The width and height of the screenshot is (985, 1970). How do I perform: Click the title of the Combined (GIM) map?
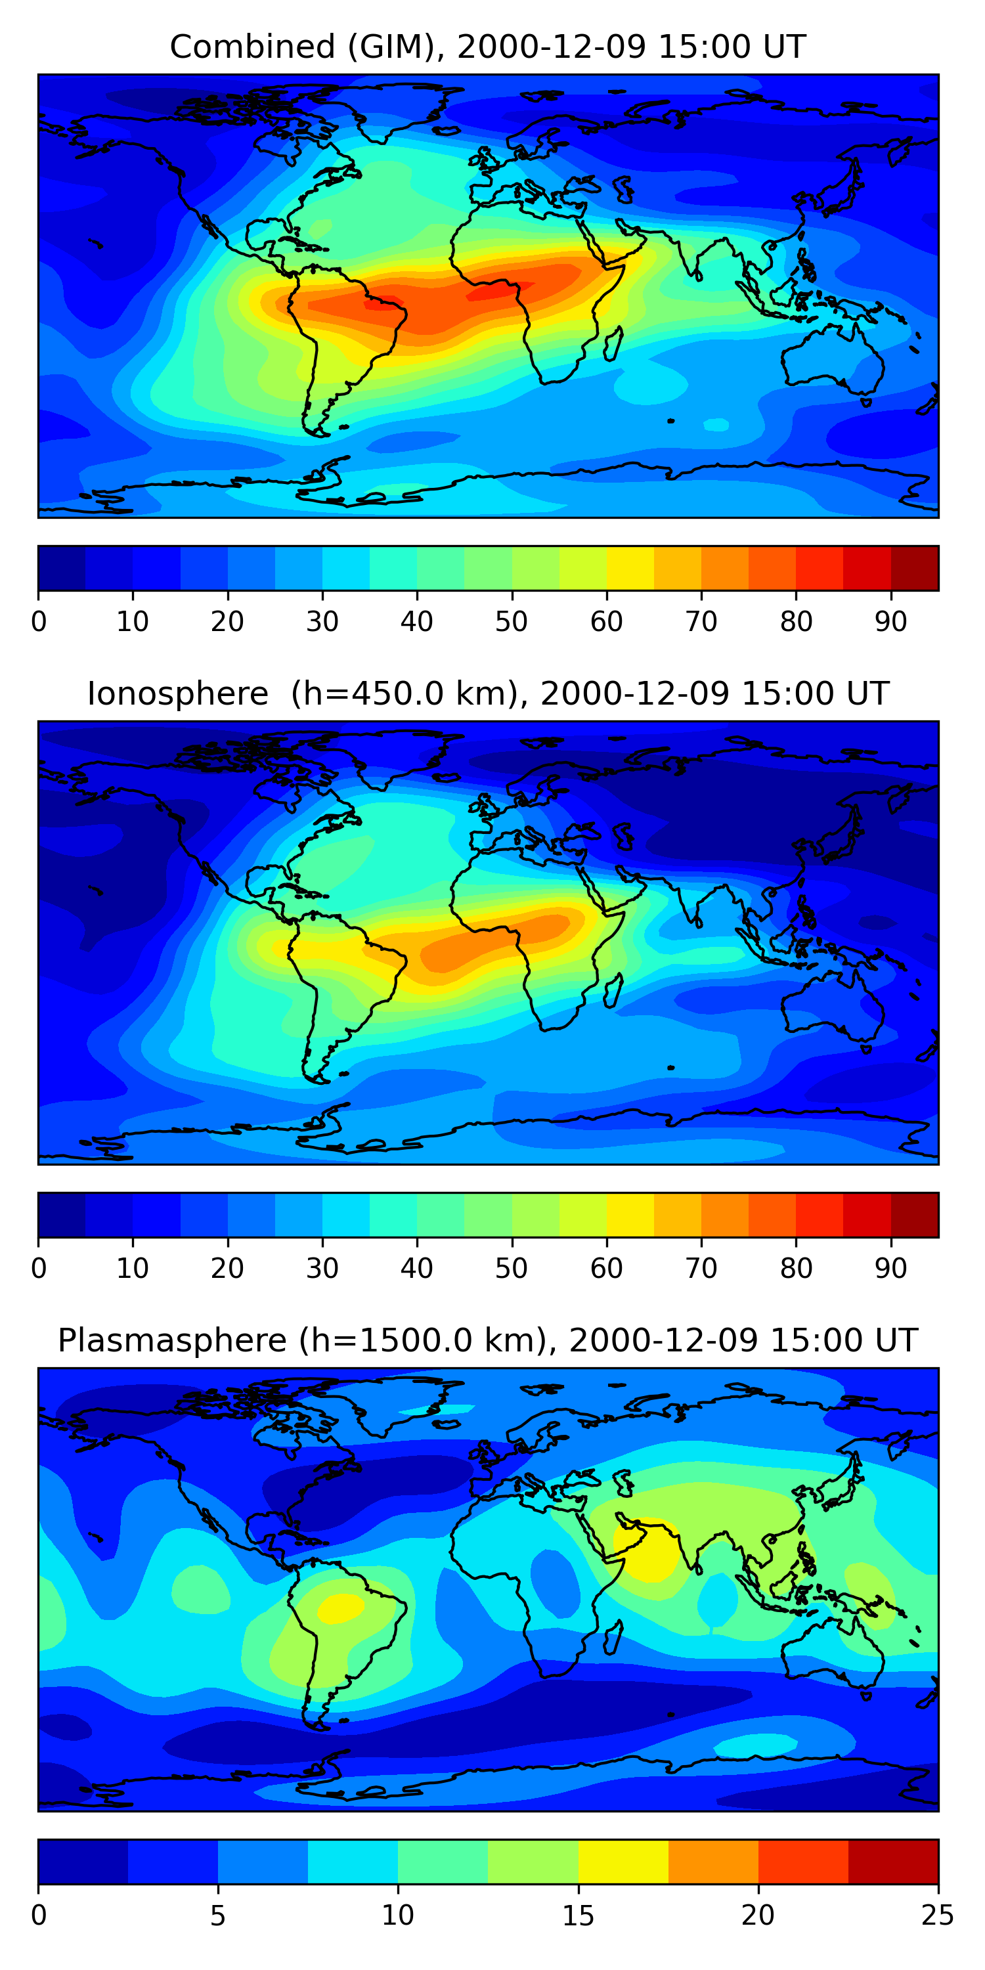click(487, 47)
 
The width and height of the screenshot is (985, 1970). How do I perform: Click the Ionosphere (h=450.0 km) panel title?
click(487, 693)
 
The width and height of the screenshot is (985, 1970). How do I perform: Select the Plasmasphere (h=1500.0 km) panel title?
click(487, 1341)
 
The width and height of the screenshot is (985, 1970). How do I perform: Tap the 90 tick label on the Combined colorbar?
click(891, 622)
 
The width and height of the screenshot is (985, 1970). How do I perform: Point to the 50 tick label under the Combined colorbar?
click(511, 622)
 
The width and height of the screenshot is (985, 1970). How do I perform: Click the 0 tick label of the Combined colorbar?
click(39, 622)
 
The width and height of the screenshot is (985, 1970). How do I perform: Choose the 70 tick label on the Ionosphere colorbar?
click(701, 1269)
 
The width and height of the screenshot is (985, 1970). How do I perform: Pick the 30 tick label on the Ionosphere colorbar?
click(322, 1269)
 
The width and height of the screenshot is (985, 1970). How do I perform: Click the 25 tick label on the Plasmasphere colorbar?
click(937, 1915)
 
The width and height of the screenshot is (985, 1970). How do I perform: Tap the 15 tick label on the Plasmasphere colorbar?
click(578, 1915)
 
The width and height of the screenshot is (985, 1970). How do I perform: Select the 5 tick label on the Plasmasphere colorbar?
click(218, 1915)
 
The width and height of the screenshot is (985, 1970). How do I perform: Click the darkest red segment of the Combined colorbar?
click(915, 568)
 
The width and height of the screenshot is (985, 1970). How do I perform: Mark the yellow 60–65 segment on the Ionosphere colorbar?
click(630, 1214)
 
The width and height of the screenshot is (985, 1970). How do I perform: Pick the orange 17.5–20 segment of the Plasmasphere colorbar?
click(712, 1862)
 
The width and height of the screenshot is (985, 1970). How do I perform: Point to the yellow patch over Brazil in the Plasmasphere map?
click(341, 1608)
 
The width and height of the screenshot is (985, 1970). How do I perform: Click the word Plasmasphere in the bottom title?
click(171, 1341)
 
